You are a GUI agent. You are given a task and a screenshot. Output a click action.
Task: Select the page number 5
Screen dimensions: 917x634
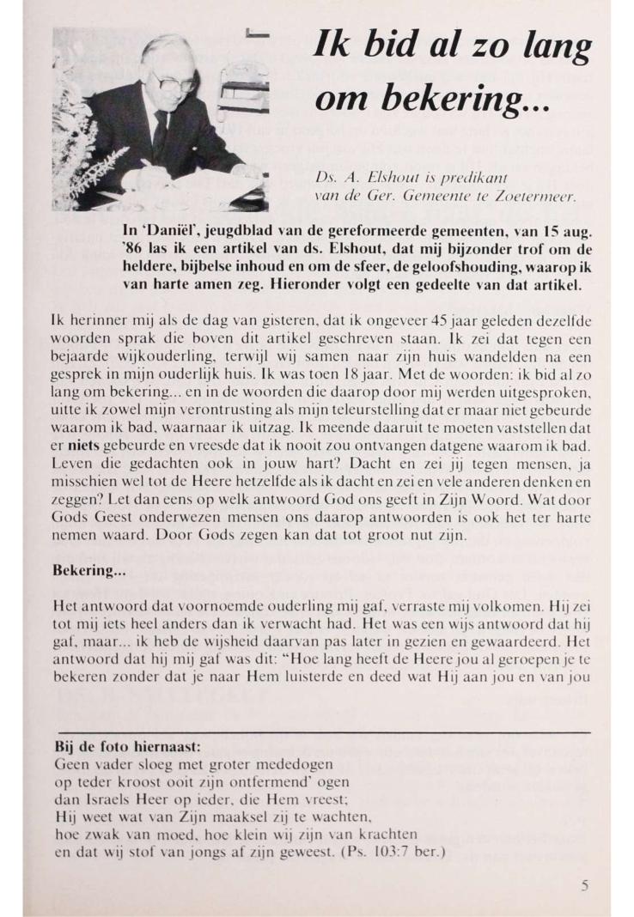click(584, 887)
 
